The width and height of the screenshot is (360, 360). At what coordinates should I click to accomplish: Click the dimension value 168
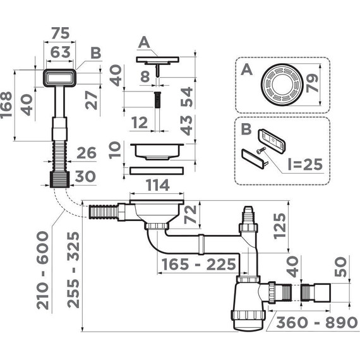[6, 105]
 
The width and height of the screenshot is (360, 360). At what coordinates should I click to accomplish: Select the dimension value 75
[60, 33]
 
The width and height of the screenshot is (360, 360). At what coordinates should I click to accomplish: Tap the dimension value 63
[60, 52]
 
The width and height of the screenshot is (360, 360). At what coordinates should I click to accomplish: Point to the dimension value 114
[158, 185]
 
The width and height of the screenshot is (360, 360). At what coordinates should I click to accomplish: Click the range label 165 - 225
[199, 264]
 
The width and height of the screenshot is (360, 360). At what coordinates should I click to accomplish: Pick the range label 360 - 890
[317, 322]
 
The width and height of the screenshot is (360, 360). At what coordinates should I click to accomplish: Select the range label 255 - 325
[73, 270]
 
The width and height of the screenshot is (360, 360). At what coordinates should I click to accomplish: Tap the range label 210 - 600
[43, 270]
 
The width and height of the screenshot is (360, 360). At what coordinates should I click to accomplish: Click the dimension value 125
[280, 226]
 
